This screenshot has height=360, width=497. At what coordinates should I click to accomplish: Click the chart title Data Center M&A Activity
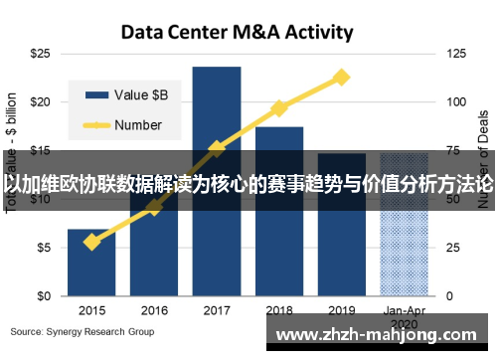click(x=237, y=32)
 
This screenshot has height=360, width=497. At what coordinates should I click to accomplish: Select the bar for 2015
click(x=91, y=263)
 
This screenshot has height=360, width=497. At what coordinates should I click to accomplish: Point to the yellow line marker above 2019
click(x=342, y=77)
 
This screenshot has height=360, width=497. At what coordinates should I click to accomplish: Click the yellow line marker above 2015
click(x=91, y=242)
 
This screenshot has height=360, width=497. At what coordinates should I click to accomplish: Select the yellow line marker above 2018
click(x=279, y=107)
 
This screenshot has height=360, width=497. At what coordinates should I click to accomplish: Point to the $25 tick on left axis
click(x=40, y=52)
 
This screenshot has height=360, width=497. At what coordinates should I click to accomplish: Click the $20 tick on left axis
click(x=40, y=101)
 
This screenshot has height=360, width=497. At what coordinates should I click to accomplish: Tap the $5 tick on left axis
click(x=43, y=248)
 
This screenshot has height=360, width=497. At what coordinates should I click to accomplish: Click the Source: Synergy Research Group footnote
click(x=83, y=331)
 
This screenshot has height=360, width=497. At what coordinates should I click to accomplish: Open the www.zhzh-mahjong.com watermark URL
click(x=381, y=335)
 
